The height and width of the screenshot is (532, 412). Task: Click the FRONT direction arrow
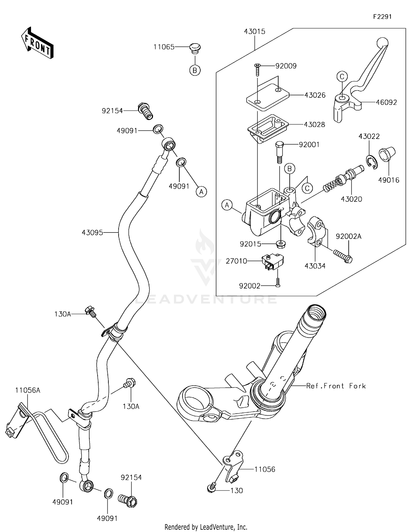[x=37, y=43]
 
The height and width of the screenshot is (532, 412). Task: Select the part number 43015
[x=255, y=32]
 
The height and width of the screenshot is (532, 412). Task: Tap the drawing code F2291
[x=382, y=17]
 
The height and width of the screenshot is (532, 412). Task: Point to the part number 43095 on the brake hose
[x=92, y=233]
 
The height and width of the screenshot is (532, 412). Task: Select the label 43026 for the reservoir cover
[x=315, y=95]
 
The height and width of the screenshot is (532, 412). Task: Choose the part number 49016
[x=389, y=180]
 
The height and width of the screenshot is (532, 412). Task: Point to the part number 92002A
[x=349, y=236]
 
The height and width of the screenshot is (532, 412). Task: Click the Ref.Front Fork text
[x=336, y=386]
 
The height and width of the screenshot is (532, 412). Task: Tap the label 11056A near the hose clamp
[x=28, y=390]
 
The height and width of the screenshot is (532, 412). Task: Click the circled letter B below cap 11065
[x=195, y=71]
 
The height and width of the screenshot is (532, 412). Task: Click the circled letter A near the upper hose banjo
[x=201, y=191]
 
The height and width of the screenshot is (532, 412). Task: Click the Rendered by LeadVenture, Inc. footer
[x=206, y=527]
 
